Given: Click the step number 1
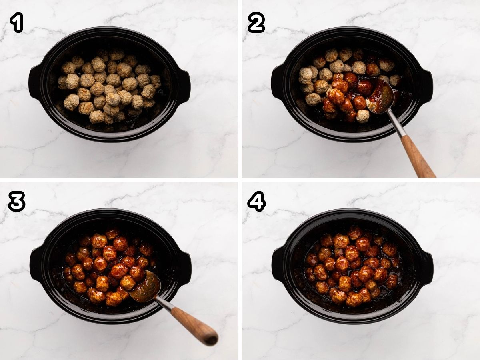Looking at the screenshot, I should click(x=16, y=23).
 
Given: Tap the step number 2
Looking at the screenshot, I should click(x=256, y=23).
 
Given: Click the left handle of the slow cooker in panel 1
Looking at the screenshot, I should click(x=35, y=82).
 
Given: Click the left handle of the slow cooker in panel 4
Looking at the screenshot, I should click(x=278, y=264).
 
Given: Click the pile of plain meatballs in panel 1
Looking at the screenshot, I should click(x=108, y=86).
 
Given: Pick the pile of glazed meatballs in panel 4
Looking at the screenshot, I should click(x=352, y=266).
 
